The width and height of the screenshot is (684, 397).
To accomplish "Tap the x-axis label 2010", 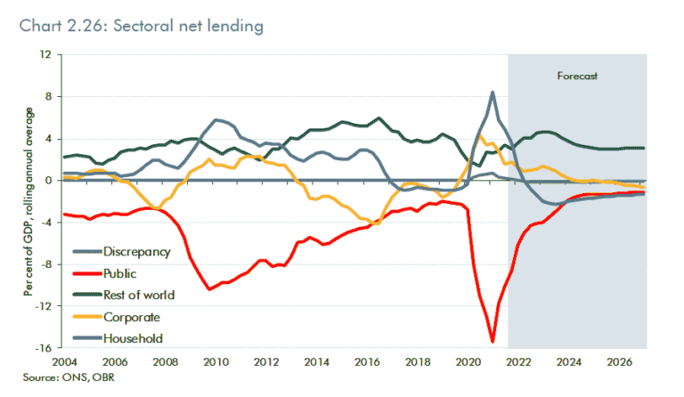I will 213,363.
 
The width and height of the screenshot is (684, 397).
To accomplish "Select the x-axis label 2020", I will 468,363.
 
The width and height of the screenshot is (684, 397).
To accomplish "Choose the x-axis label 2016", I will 366,363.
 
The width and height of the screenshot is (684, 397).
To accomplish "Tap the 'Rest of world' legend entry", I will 139,295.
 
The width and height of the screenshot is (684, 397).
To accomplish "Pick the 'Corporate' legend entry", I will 132,316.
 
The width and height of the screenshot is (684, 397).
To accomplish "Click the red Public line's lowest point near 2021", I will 493,341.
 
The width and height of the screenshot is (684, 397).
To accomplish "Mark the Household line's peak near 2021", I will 493,92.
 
